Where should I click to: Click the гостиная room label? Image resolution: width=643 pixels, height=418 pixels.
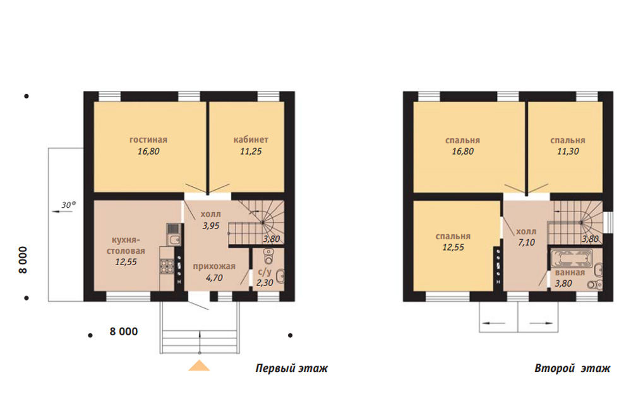[148, 140]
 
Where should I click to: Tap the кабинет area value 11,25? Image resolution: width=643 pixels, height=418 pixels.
[251, 152]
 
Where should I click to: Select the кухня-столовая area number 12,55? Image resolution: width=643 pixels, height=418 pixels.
[126, 262]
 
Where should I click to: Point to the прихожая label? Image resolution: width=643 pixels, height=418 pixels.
[214, 266]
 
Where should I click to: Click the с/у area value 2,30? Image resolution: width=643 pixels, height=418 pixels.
[265, 283]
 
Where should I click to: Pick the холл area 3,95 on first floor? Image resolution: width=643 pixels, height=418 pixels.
[211, 226]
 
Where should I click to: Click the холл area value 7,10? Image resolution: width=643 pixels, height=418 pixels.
[526, 242]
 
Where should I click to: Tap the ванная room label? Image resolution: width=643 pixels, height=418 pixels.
[570, 273]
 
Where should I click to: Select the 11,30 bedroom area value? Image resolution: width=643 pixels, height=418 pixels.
[568, 152]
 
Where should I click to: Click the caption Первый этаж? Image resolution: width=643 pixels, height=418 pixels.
[292, 368]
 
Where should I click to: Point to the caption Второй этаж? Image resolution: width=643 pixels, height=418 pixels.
[572, 368]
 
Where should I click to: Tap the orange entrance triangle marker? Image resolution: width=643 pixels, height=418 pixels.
[200, 366]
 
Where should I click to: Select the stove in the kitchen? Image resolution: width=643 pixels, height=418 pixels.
[167, 267]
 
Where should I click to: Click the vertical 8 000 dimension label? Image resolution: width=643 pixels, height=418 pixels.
[23, 260]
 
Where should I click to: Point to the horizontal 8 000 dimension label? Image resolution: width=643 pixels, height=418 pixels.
[124, 331]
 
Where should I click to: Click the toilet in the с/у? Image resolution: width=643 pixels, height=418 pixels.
[268, 258]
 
